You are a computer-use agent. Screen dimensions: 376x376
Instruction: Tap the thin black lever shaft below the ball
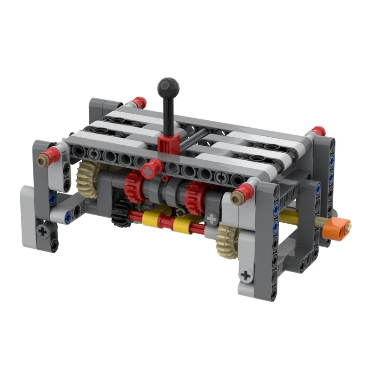(168, 113)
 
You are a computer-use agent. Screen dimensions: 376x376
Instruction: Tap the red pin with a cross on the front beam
(150, 170)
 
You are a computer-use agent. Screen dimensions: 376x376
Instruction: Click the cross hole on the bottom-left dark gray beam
(43, 231)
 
